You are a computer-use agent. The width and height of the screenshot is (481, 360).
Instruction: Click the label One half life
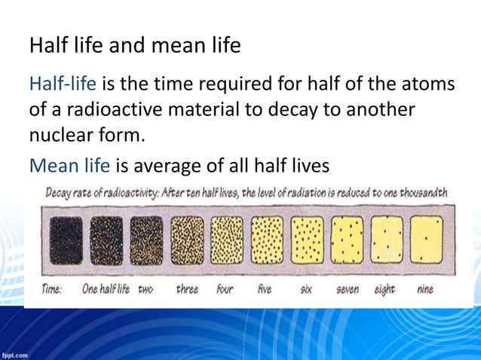click(106, 289)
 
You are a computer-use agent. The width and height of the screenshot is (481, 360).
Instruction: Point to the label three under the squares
click(187, 289)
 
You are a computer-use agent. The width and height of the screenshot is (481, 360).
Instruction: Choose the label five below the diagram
click(265, 289)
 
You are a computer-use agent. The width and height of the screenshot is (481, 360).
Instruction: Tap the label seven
click(347, 289)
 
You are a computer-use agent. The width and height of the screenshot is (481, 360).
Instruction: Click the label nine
click(424, 289)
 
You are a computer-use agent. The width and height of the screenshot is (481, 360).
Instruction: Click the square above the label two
click(146, 240)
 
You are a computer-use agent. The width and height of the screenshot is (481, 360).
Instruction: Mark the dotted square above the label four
click(227, 240)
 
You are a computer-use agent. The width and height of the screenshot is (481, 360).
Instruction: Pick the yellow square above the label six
click(307, 240)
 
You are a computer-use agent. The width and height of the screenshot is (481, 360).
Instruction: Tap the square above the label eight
click(387, 240)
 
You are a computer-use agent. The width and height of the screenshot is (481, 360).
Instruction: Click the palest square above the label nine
click(427, 240)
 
